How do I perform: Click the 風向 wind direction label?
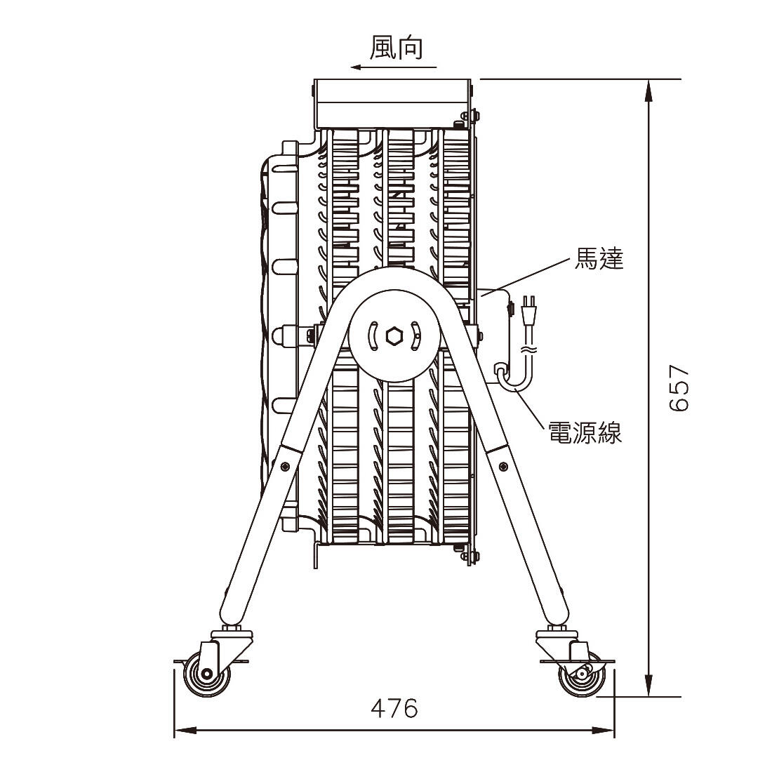click(x=396, y=47)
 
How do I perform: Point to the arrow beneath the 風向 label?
click(x=394, y=67)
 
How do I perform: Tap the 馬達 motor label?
click(x=599, y=258)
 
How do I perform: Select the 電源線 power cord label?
click(x=585, y=432)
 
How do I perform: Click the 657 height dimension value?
click(x=679, y=388)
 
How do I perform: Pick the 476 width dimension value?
click(x=394, y=709)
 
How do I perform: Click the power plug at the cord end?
click(x=529, y=310)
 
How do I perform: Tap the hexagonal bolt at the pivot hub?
click(x=394, y=336)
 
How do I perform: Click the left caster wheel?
click(x=207, y=673)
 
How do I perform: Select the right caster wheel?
click(x=582, y=673)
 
